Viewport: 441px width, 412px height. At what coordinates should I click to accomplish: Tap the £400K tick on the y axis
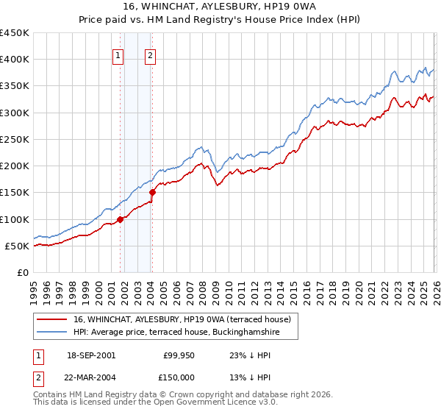pos(15,60)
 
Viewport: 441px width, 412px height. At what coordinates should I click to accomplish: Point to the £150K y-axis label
pos(15,193)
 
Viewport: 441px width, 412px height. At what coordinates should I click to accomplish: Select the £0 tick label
pos(23,273)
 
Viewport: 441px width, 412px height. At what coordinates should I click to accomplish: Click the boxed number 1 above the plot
pos(118,54)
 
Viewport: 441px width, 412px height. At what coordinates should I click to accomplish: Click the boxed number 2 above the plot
pos(150,54)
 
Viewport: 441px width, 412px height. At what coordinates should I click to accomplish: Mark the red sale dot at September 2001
pos(120,219)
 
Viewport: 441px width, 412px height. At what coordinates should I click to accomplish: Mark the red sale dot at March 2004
pos(152,192)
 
